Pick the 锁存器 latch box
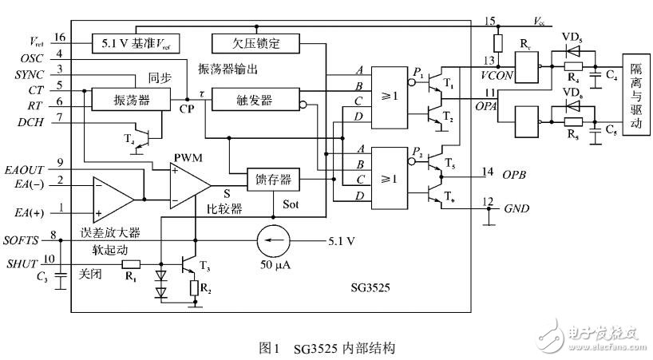(273, 180)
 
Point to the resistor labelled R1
(130, 263)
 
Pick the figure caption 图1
(271, 349)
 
